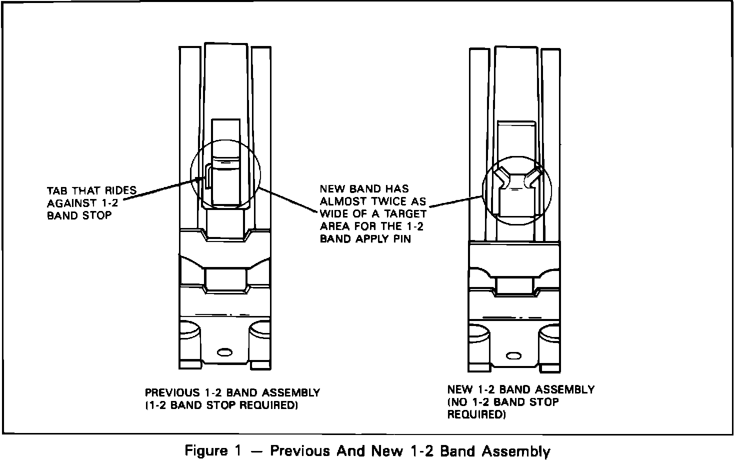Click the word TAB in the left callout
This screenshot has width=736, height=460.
(x=58, y=191)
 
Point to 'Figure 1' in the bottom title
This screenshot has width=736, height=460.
(x=212, y=451)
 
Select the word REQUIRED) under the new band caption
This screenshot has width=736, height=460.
(x=476, y=414)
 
